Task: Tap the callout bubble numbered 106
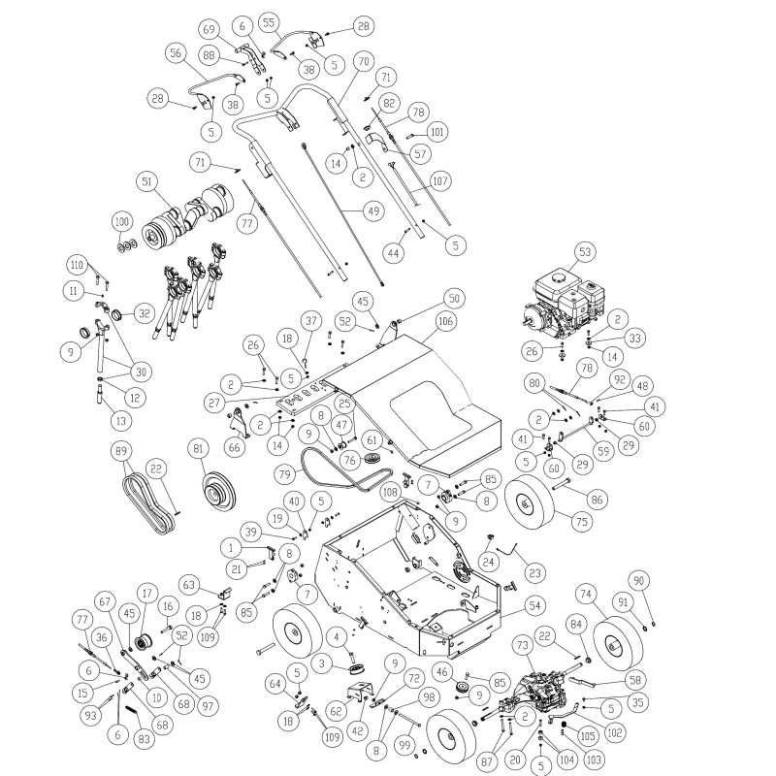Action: [x=445, y=320]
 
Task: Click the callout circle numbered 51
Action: [x=148, y=181]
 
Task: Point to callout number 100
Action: [x=121, y=222]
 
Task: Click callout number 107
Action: [x=441, y=179]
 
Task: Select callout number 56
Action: [x=176, y=55]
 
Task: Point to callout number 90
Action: [x=637, y=581]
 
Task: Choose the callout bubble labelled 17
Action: [x=147, y=592]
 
